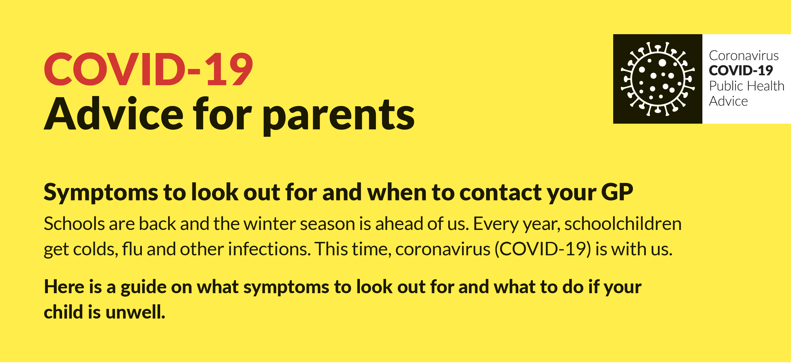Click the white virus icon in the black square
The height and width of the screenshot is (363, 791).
[657, 79]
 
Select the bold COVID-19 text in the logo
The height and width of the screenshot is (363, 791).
[741, 71]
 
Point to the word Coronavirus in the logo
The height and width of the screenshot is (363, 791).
[744, 56]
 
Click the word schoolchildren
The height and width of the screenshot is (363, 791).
[623, 224]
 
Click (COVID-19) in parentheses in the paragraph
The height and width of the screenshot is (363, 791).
[543, 249]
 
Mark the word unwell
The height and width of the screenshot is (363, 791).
[135, 312]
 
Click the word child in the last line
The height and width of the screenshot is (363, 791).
[64, 312]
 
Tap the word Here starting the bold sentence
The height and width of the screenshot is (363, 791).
[64, 287]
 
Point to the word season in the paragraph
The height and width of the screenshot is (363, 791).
[327, 224]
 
